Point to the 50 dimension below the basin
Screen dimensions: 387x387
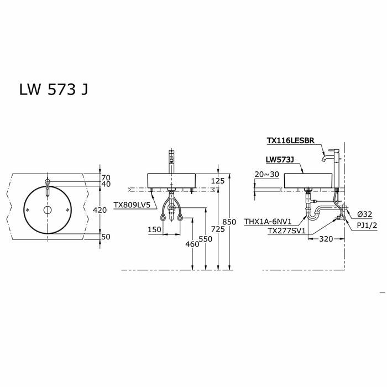(x=106, y=237)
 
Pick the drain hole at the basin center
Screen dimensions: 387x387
(x=47, y=211)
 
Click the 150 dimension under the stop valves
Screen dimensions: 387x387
(x=154, y=229)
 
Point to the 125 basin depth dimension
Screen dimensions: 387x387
(x=218, y=180)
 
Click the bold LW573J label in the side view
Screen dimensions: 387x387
(x=279, y=159)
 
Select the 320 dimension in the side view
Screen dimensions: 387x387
(x=326, y=240)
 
